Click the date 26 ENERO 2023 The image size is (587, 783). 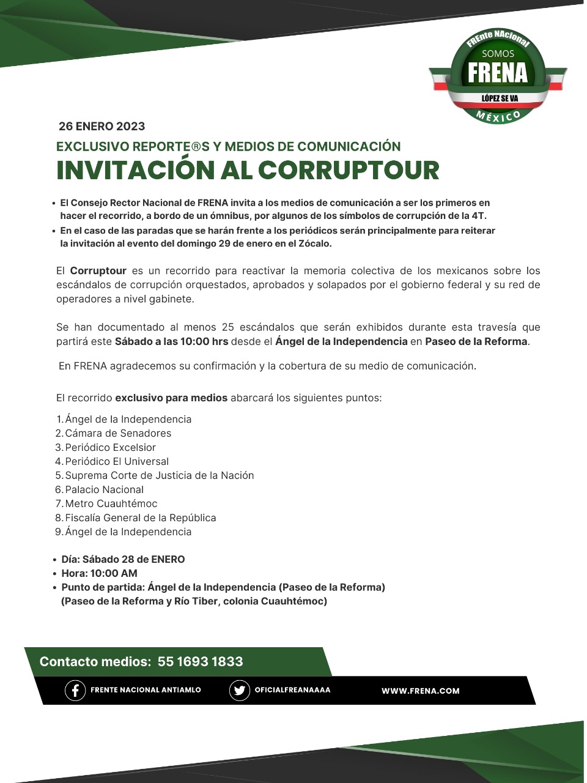[x=102, y=127]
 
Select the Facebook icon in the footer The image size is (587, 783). [x=75, y=691]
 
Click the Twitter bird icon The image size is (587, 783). [x=239, y=691]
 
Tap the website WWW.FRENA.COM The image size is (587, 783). [x=420, y=691]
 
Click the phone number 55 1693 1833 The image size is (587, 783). [x=200, y=661]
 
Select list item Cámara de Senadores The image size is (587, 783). [x=118, y=433]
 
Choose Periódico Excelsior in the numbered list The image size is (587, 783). [x=110, y=447]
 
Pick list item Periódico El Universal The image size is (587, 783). [x=117, y=461]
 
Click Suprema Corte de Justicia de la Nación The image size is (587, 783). [x=159, y=475]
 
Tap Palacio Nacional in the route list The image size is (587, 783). [x=104, y=489]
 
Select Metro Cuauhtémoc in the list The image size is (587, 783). [x=111, y=503]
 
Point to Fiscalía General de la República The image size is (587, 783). [x=140, y=518]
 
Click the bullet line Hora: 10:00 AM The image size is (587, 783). [x=99, y=573]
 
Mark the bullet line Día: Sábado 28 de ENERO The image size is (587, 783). [x=123, y=559]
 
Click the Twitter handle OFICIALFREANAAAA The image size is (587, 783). [x=292, y=690]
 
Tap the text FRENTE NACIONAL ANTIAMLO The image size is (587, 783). [x=146, y=690]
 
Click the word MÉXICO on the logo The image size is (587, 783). [x=498, y=116]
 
